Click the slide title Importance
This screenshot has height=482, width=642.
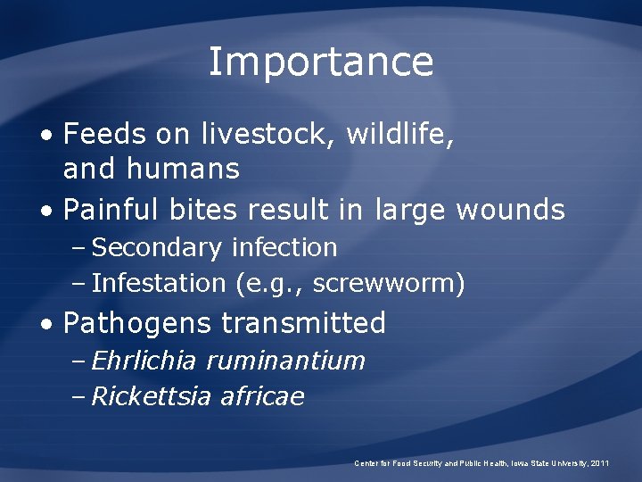click(321, 62)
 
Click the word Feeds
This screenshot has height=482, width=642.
click(104, 135)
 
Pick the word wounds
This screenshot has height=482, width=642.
click(510, 211)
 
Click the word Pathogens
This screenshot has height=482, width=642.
click(138, 323)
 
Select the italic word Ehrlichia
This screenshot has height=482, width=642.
click(145, 361)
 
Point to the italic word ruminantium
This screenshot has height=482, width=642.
click(286, 361)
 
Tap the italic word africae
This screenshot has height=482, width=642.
click(261, 396)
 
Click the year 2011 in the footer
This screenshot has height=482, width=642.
click(600, 463)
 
